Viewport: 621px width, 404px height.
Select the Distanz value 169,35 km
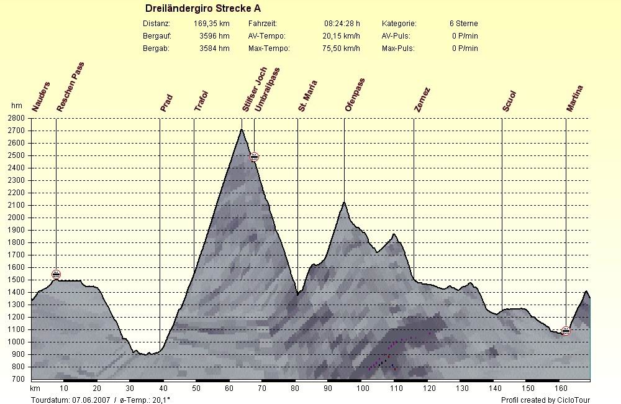pyautogui.click(x=211, y=24)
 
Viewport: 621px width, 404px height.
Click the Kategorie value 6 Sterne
pyautogui.click(x=463, y=24)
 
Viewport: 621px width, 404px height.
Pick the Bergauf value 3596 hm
pyautogui.click(x=214, y=36)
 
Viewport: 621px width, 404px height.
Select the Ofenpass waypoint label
pyautogui.click(x=355, y=95)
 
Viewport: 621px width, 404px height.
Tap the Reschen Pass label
pyautogui.click(x=70, y=87)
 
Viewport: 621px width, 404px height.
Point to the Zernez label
pyautogui.click(x=422, y=100)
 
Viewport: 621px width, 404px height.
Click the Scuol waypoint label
pyautogui.click(x=509, y=101)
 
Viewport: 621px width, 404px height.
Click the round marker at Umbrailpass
pyautogui.click(x=254, y=157)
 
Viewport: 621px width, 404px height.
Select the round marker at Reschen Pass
pyautogui.click(x=56, y=274)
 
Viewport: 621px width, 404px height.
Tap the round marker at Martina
pyautogui.click(x=566, y=331)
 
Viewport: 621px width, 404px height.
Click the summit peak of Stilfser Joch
pyautogui.click(x=241, y=129)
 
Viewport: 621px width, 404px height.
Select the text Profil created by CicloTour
pyautogui.click(x=545, y=400)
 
